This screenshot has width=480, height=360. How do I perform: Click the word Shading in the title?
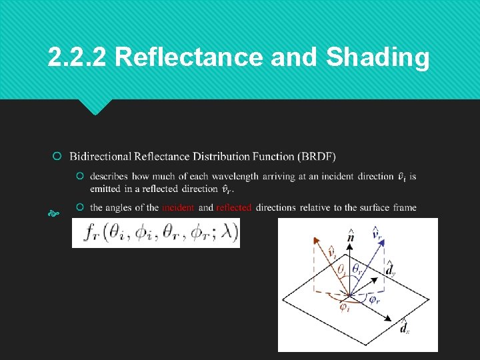[377, 58]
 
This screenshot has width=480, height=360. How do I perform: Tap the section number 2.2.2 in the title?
[77, 58]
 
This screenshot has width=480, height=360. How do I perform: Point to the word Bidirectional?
[100, 157]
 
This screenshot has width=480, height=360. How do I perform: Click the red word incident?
[178, 207]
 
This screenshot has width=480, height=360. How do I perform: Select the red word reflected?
[234, 207]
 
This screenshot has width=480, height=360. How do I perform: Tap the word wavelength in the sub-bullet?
[235, 177]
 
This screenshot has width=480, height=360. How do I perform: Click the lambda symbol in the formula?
[227, 233]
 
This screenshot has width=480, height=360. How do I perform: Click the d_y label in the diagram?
[391, 270]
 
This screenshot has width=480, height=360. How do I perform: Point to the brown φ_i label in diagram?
[344, 307]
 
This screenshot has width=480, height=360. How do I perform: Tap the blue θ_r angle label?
[358, 269]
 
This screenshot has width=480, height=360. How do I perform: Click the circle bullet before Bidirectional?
[58, 157]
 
